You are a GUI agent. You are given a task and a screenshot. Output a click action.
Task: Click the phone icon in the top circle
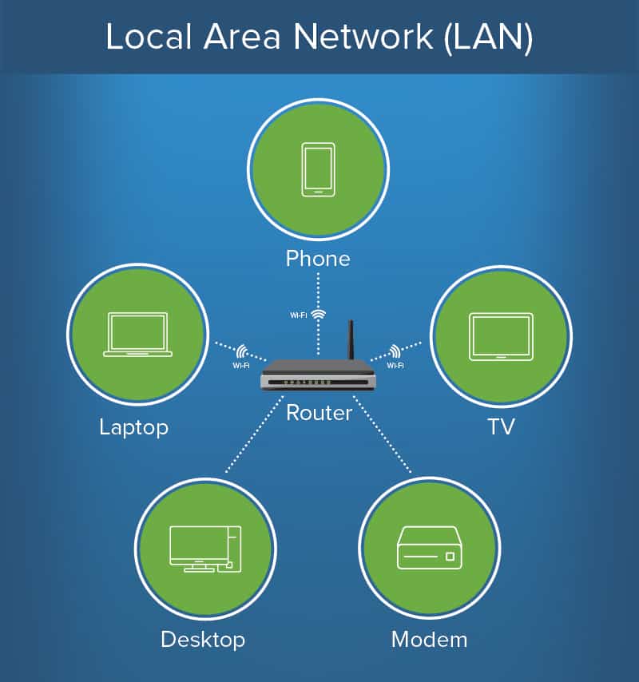(317, 169)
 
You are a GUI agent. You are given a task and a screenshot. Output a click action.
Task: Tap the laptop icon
(137, 334)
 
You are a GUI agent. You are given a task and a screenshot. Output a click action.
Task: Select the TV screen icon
(501, 335)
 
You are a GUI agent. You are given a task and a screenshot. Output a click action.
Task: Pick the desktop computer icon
(205, 549)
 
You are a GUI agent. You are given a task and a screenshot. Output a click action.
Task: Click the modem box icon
(429, 548)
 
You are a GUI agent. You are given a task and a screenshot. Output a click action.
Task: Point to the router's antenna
(350, 341)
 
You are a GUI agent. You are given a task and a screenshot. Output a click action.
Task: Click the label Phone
(318, 259)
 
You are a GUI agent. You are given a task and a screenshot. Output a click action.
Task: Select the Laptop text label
(133, 426)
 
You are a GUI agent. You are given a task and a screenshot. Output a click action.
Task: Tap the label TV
(501, 426)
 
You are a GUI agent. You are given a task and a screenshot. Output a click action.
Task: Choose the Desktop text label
(203, 639)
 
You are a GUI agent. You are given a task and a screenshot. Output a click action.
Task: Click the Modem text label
(429, 639)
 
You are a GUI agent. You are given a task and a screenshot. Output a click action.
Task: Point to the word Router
(319, 412)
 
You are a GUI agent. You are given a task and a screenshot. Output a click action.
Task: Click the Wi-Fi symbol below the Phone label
(319, 314)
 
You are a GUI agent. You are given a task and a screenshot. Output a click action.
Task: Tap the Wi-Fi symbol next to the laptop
(242, 351)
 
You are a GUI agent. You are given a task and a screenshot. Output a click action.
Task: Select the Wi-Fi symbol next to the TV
(394, 351)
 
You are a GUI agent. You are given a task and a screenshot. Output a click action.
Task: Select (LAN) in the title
(489, 38)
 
